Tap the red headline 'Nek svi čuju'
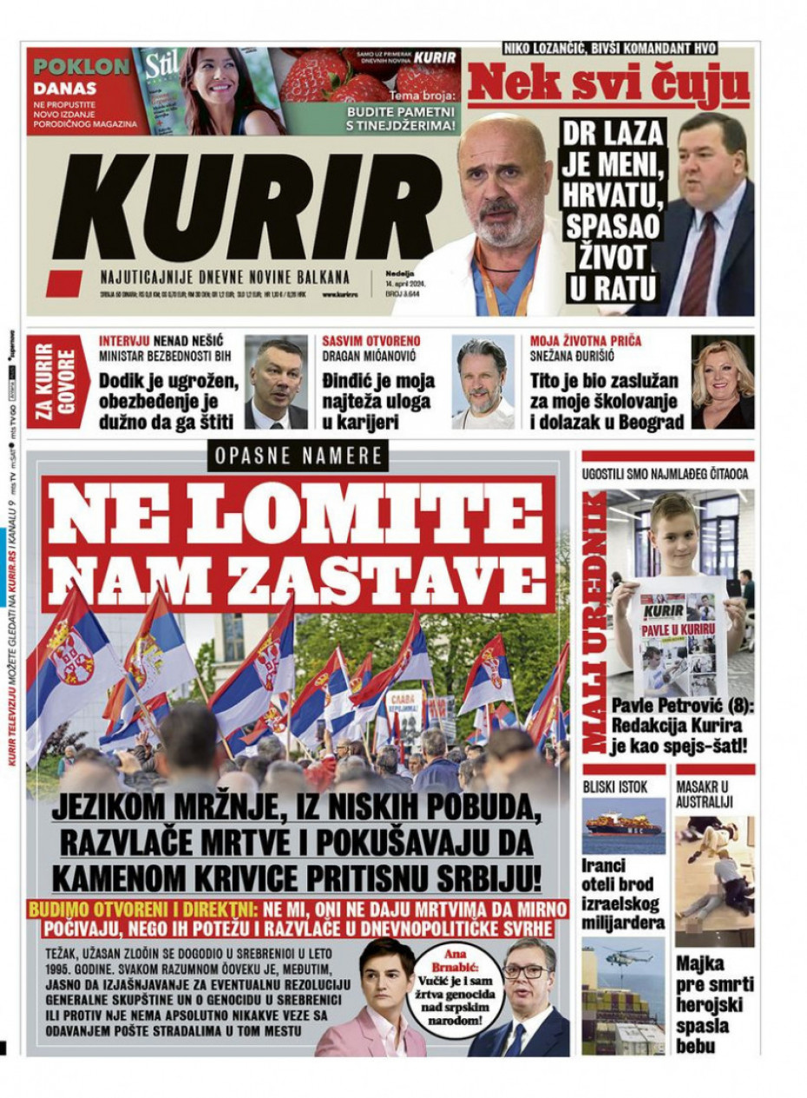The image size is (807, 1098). pyautogui.click(x=608, y=83)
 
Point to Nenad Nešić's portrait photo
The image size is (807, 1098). pyautogui.click(x=275, y=383)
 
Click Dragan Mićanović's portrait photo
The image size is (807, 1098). pyautogui.click(x=482, y=383)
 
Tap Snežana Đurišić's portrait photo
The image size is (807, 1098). pyautogui.click(x=722, y=383)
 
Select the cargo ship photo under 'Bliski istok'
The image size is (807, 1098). pyautogui.click(x=624, y=825)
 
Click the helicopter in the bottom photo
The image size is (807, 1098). pyautogui.click(x=629, y=957)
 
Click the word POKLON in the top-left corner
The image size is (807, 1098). pyautogui.click(x=82, y=67)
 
